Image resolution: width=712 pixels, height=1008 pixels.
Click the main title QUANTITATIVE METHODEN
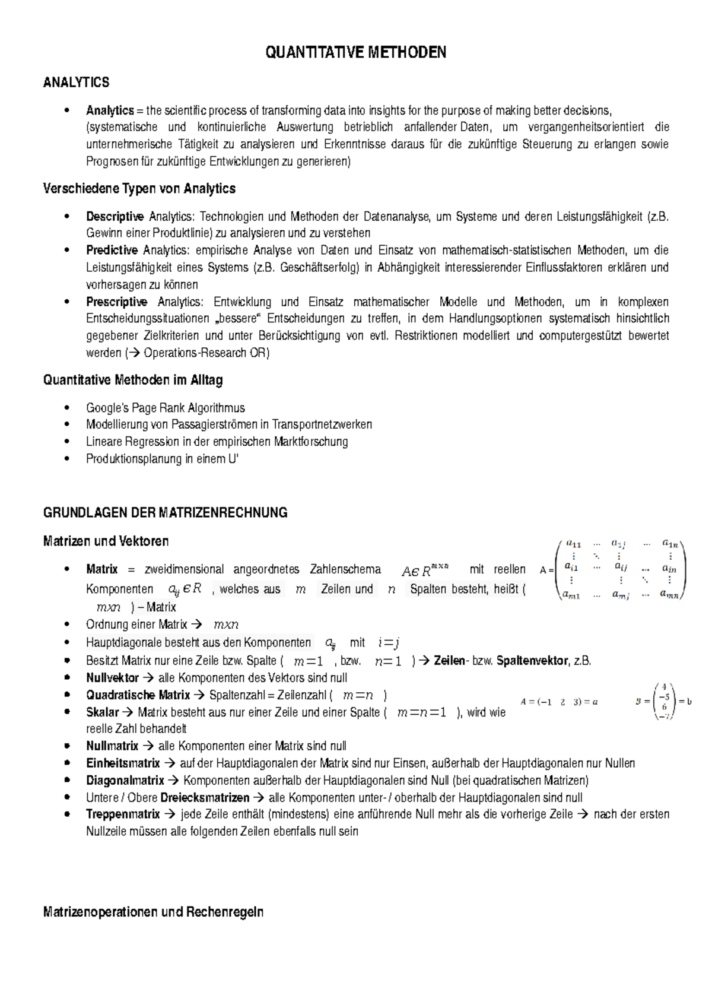(x=355, y=53)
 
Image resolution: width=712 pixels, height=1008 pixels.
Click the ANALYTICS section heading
(x=76, y=82)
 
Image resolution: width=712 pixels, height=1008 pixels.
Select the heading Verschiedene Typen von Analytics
(x=139, y=189)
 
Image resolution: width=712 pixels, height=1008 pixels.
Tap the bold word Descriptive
(x=115, y=216)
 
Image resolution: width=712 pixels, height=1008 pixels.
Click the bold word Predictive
(x=112, y=250)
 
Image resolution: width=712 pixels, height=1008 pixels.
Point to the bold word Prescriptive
(x=116, y=302)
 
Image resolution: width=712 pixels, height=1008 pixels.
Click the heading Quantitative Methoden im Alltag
(x=133, y=380)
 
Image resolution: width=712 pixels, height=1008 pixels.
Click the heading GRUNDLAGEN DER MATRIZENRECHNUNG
(x=165, y=512)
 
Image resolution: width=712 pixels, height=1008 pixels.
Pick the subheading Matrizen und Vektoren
(x=106, y=541)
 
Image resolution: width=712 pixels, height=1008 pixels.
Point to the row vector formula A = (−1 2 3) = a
(x=559, y=702)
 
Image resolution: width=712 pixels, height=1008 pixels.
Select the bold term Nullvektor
(x=112, y=678)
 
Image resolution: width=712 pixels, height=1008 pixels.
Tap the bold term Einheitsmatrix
(x=123, y=763)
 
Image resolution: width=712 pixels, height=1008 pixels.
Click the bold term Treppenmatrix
(x=123, y=814)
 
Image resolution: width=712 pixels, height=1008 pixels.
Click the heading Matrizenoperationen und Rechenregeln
(x=153, y=912)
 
